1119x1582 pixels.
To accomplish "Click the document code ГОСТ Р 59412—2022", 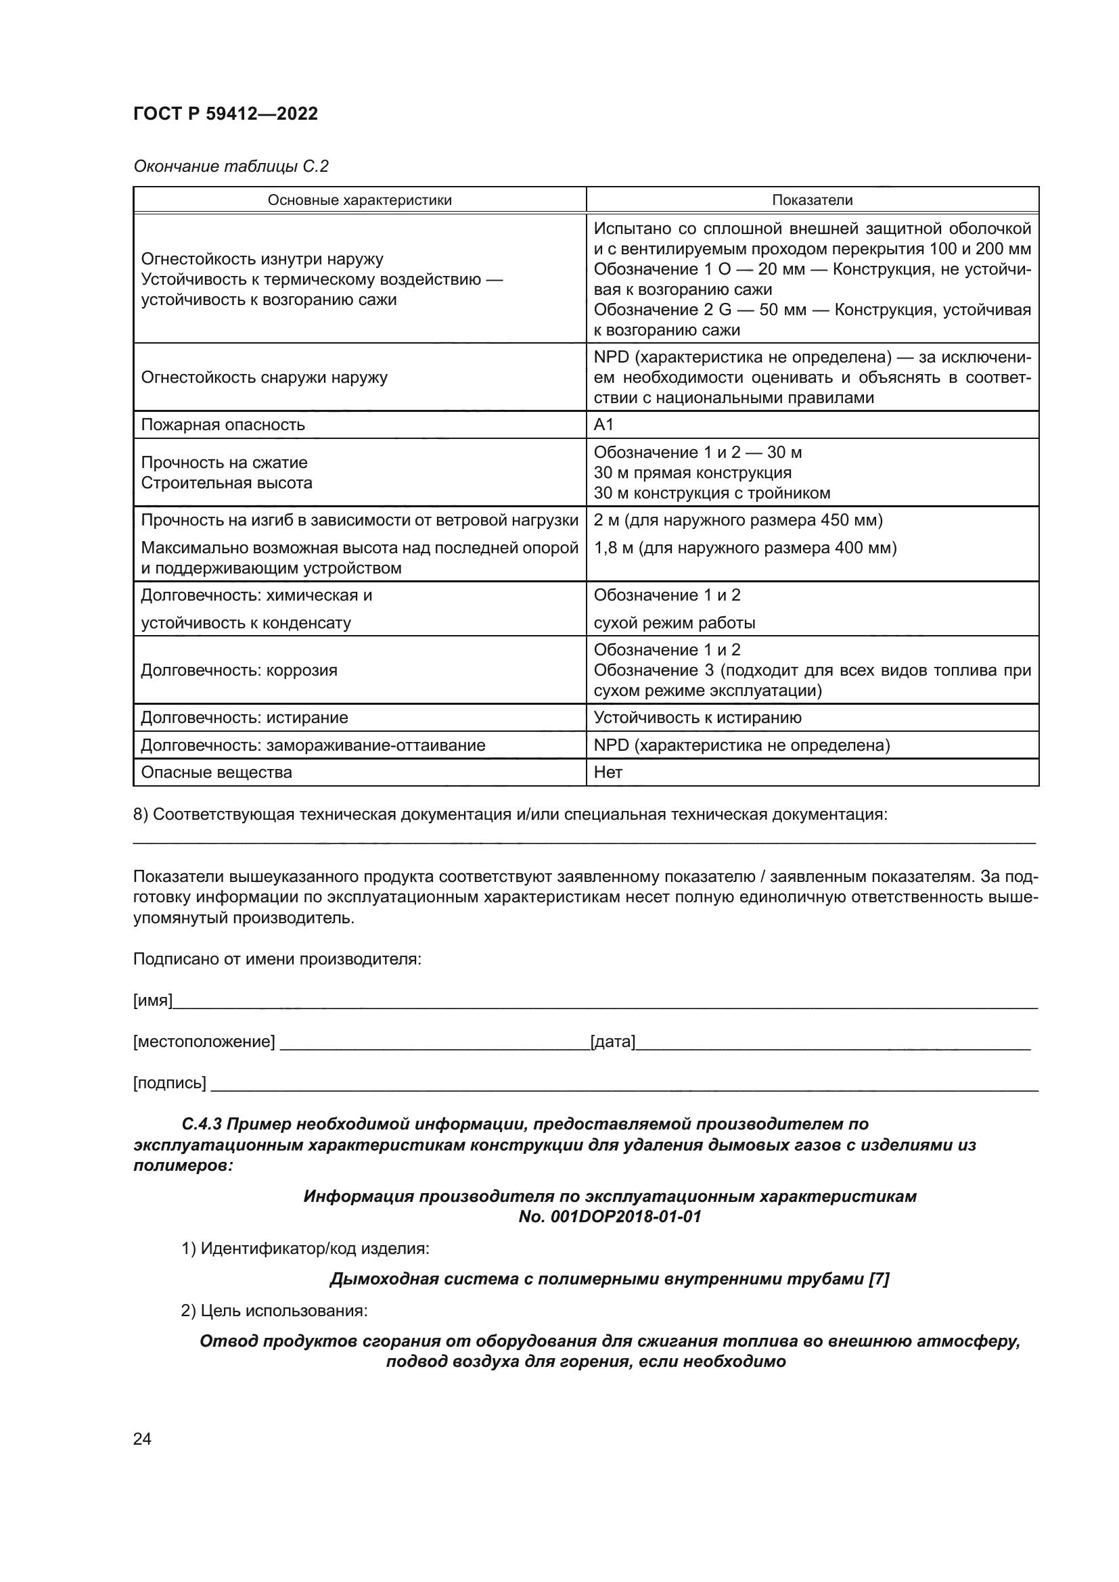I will click(x=225, y=114).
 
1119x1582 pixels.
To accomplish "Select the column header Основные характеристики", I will click(x=359, y=200).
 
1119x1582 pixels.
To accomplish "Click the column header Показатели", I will click(x=812, y=200).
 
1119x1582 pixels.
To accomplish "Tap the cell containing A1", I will click(x=603, y=425).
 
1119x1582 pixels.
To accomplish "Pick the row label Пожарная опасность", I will click(x=223, y=425).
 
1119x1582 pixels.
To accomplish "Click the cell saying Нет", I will click(x=608, y=772).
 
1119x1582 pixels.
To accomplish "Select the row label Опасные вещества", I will click(x=216, y=772).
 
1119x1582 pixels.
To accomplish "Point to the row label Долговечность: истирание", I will click(x=244, y=718).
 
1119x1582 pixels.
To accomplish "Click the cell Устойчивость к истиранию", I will click(x=698, y=718).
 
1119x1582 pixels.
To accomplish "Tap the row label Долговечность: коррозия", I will click(x=239, y=670).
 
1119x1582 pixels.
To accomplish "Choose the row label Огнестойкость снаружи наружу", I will click(x=264, y=377).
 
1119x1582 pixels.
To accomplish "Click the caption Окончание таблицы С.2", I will click(x=231, y=167).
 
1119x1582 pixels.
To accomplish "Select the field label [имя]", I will click(x=152, y=1000).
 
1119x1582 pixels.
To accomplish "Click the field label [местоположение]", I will click(x=204, y=1042).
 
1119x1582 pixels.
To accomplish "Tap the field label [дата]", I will click(x=612, y=1042).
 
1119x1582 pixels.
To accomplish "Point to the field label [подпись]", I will click(x=170, y=1083).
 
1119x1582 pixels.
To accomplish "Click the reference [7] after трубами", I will click(x=879, y=1280).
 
